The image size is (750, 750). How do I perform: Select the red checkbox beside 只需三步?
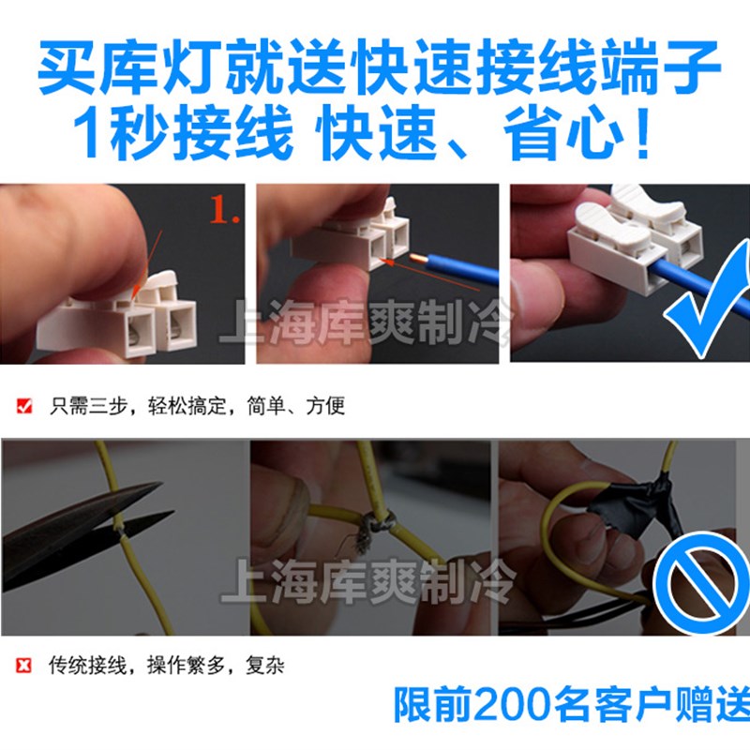(x=25, y=407)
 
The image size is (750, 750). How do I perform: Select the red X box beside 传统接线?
(x=25, y=667)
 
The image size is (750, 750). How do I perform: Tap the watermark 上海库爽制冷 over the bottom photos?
(x=366, y=586)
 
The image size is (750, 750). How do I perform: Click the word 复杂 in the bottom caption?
(x=266, y=667)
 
